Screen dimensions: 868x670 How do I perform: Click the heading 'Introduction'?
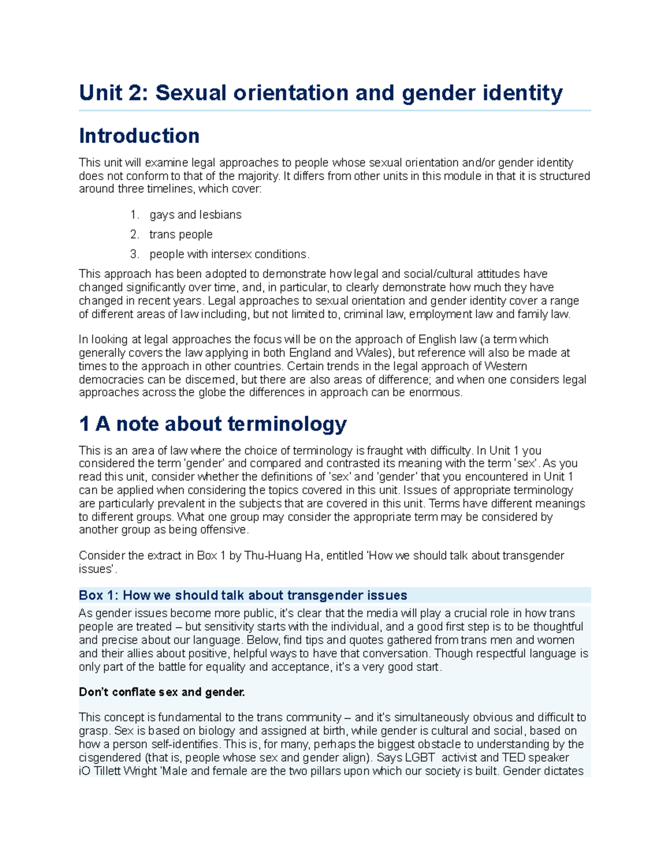[139, 136]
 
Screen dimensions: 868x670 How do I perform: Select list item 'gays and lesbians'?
[195, 215]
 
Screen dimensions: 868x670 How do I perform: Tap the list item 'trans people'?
[181, 234]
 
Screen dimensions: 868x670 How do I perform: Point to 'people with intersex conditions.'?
[229, 254]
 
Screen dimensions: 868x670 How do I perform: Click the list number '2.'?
[135, 234]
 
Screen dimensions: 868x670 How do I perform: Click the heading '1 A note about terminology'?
[213, 424]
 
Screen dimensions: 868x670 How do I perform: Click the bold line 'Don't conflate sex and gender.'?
[162, 692]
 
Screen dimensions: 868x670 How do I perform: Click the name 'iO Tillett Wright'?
[118, 771]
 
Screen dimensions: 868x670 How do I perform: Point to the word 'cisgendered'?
[110, 758]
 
